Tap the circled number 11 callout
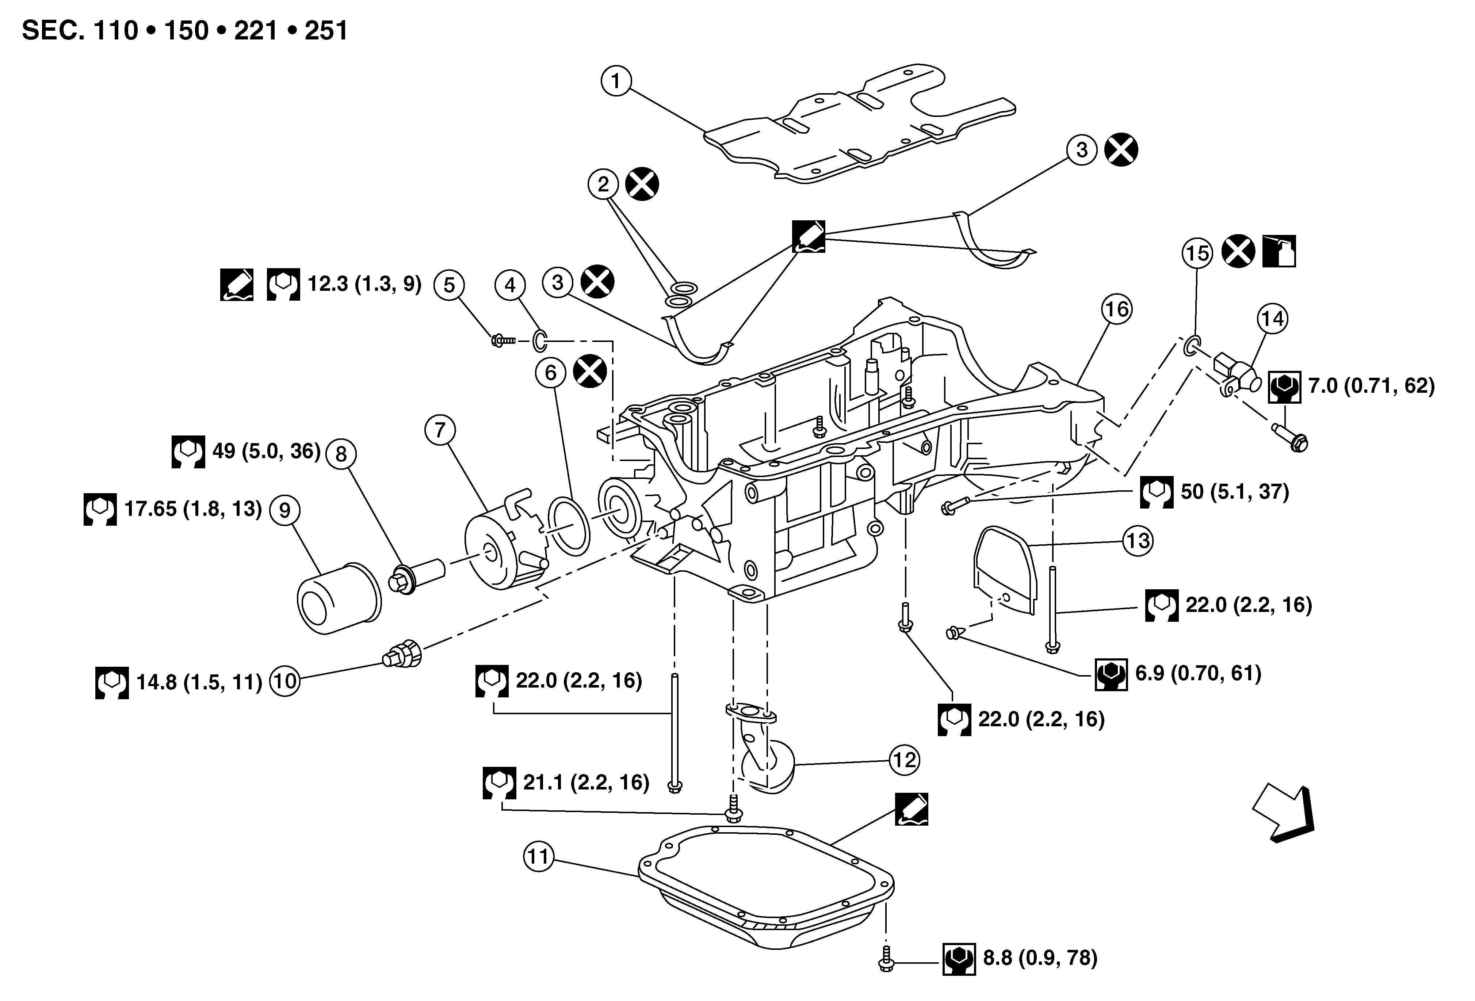click(x=538, y=857)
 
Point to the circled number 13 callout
click(x=1138, y=541)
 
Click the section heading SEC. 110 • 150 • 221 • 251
click(x=185, y=30)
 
